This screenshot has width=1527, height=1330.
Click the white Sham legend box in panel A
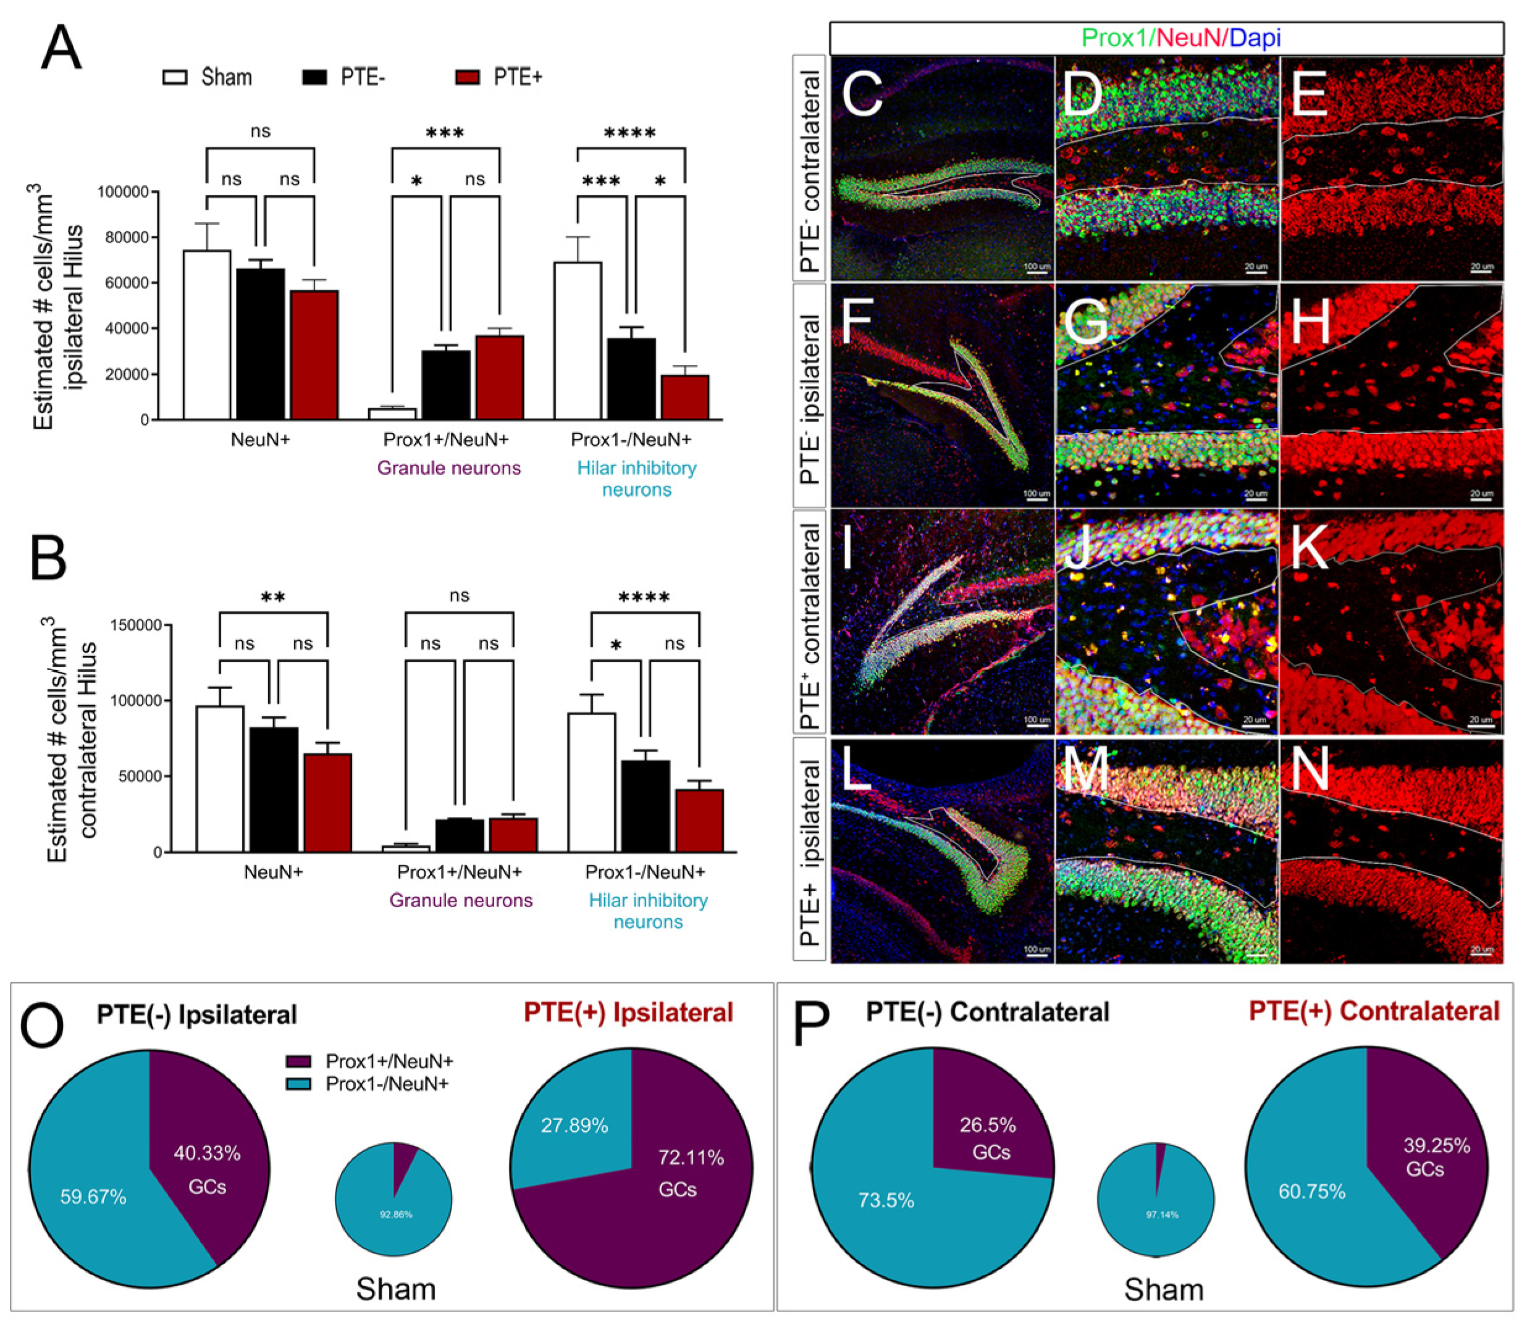[x=175, y=77]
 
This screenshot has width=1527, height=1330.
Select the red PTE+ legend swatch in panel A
[x=467, y=77]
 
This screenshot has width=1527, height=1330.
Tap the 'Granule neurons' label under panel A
[x=449, y=468]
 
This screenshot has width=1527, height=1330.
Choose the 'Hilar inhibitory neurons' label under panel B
[x=648, y=911]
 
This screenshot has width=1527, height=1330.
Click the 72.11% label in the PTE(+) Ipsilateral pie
[x=691, y=1158]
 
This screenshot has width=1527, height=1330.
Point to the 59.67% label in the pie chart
[x=93, y=1197]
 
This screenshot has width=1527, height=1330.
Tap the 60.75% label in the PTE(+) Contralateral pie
[x=1311, y=1192]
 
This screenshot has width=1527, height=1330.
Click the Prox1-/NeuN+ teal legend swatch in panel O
[x=298, y=1084]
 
